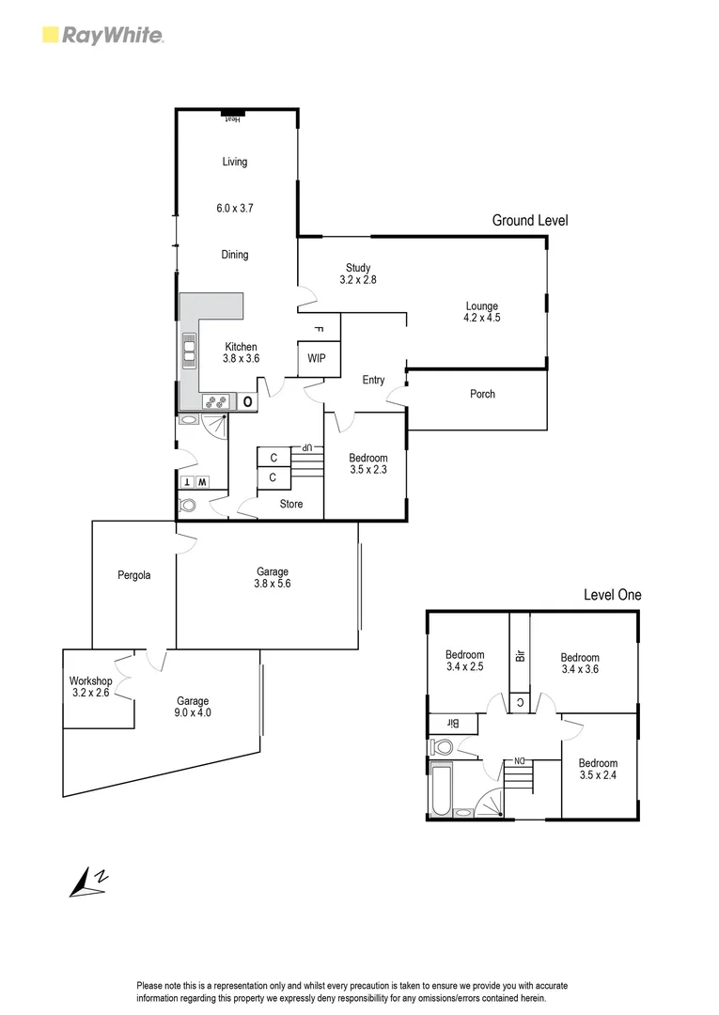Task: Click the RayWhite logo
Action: [x=103, y=36]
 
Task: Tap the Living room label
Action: [x=235, y=162]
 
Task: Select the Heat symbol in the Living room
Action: [x=232, y=117]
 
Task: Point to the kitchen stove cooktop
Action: [x=214, y=401]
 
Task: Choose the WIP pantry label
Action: [x=317, y=359]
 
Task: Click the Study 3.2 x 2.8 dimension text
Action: [x=358, y=280]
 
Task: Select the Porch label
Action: [x=482, y=394]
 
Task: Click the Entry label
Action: [x=373, y=380]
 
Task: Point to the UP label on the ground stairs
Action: [x=305, y=447]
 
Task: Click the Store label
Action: [x=291, y=504]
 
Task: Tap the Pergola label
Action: [x=134, y=575]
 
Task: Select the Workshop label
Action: [x=90, y=681]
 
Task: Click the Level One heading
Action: [x=612, y=595]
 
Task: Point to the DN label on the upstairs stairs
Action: [x=517, y=760]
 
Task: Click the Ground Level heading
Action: [x=530, y=220]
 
